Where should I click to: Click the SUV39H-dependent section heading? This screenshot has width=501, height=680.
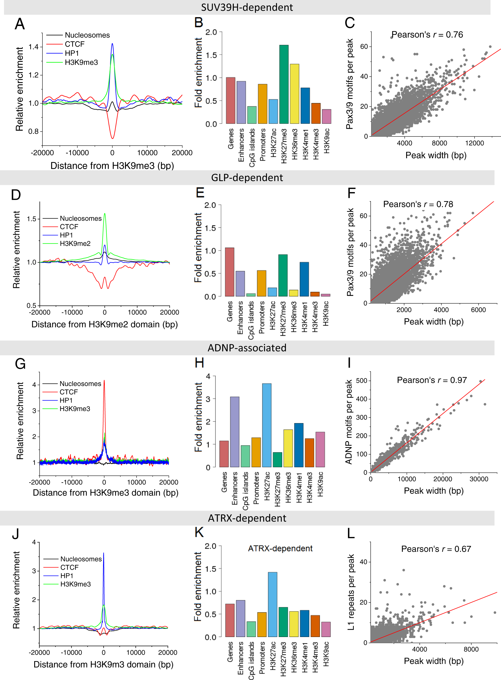tap(247, 7)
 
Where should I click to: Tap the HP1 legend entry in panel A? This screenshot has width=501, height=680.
tap(72, 53)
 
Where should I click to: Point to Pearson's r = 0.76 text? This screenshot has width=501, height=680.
tap(427, 34)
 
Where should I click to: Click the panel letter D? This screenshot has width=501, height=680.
tap(16, 195)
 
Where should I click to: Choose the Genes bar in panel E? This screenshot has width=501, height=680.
tap(230, 272)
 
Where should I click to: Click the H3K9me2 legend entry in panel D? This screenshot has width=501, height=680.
tap(75, 243)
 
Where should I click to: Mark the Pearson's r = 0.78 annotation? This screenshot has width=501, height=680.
tap(418, 204)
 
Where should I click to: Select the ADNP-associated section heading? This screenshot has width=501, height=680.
tap(247, 348)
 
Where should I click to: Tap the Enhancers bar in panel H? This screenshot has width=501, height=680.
tap(235, 432)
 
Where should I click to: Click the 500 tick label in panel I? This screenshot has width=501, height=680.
tap(362, 381)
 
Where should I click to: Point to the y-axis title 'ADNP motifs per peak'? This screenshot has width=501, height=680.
tap(349, 422)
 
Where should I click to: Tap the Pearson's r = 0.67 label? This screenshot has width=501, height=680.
tap(436, 549)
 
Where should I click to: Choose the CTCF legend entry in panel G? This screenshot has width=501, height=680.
tap(69, 392)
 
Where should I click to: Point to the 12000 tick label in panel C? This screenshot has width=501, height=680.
tap(474, 143)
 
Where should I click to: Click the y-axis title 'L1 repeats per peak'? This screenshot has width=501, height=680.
tap(351, 592)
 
